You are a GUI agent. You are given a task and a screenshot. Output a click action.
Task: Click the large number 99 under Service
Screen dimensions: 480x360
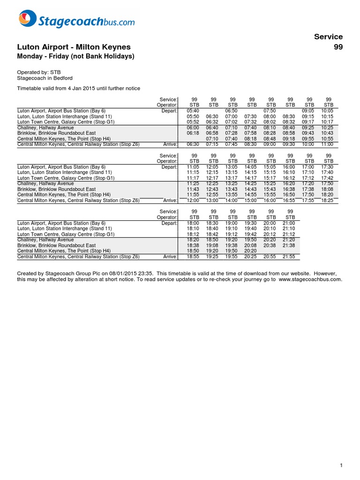[337, 47]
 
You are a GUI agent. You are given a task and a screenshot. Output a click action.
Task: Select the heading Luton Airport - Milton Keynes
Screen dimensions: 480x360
[74, 47]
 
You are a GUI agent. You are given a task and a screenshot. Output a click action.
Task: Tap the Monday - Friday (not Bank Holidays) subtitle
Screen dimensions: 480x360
[75, 56]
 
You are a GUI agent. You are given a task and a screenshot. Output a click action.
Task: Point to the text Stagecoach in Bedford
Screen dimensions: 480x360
[45, 78]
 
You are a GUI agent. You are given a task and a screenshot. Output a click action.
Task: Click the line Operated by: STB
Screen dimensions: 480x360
[39, 72]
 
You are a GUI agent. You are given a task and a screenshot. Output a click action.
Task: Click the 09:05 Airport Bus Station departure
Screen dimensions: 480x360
[309, 111]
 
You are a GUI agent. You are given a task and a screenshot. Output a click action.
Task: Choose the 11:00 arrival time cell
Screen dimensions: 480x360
[328, 144]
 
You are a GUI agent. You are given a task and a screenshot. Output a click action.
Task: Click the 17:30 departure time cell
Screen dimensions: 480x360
[328, 166]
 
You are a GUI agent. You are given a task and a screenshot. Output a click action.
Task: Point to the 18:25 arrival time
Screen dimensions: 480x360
[328, 200]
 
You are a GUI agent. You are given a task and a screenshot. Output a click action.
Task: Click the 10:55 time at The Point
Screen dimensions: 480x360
[328, 139]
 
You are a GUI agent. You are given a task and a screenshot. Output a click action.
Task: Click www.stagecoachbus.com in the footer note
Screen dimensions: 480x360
[310, 279]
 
